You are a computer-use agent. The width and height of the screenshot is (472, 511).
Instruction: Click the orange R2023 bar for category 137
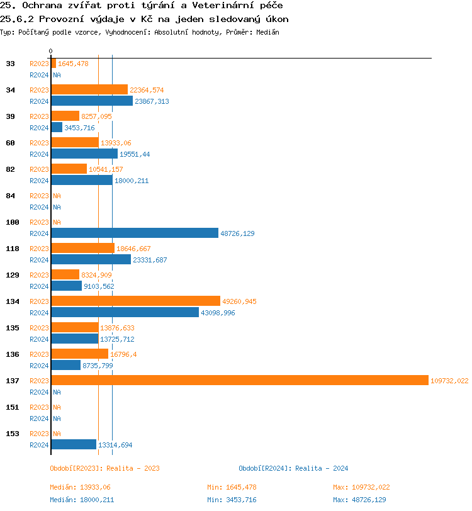(239, 380)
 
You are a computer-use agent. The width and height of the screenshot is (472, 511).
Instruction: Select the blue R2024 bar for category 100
(134, 233)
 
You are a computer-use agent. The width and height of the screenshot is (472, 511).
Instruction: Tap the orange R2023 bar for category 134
(135, 301)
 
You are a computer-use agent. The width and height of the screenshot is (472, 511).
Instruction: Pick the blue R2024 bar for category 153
(74, 444)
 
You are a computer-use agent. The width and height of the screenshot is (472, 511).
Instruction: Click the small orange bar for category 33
(53, 63)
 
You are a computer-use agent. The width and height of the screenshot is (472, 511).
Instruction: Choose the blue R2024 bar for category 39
(57, 127)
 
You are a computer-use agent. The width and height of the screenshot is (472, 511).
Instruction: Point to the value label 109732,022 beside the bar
(449, 381)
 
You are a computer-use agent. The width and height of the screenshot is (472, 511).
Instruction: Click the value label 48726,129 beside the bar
(237, 233)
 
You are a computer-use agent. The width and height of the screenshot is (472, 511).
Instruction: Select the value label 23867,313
(152, 101)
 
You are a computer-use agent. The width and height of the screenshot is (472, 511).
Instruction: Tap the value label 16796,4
(123, 354)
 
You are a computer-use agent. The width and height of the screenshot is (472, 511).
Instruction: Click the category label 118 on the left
(13, 249)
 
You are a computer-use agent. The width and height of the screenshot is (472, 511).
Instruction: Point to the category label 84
(11, 196)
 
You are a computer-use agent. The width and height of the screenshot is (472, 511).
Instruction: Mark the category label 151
(13, 407)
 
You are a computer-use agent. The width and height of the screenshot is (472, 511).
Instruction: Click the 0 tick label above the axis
(51, 51)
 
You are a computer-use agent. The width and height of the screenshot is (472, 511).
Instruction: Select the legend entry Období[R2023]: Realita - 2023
(104, 468)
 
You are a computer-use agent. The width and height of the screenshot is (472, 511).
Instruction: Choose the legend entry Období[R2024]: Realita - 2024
(293, 468)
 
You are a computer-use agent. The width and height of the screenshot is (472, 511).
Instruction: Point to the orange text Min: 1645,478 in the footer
(232, 487)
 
